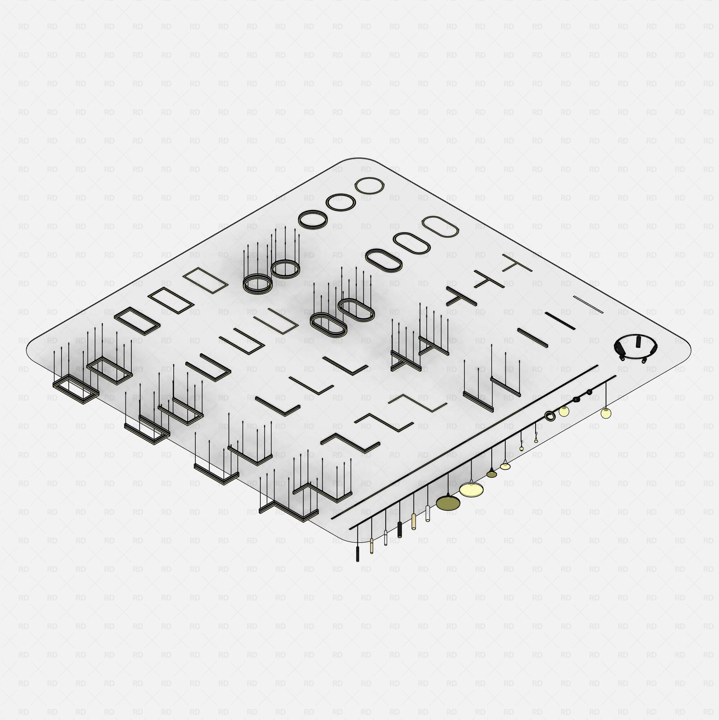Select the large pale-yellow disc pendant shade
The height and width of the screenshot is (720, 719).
(x=472, y=489)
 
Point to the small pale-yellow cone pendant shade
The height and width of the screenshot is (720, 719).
(x=505, y=465)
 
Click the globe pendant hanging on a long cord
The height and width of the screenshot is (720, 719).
(x=606, y=413)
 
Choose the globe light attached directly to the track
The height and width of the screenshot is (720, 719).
(x=564, y=411)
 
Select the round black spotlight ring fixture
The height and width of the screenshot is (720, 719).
(x=635, y=348)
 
